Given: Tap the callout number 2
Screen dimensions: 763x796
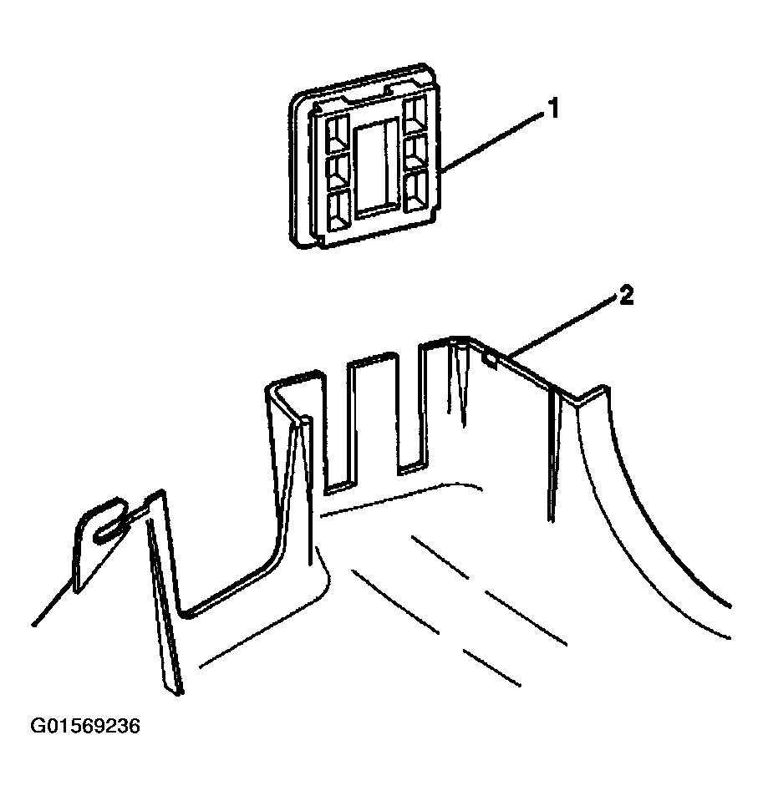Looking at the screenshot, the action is pyautogui.click(x=627, y=296).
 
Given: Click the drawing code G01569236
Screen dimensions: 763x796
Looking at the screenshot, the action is pyautogui.click(x=85, y=726).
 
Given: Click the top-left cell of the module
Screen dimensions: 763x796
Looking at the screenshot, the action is pyautogui.click(x=338, y=133).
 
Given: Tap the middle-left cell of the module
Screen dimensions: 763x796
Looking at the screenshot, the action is pyautogui.click(x=338, y=171).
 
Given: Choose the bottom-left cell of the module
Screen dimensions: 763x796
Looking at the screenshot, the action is pyautogui.click(x=338, y=209).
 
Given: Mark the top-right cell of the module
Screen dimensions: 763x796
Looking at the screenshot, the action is pyautogui.click(x=415, y=116).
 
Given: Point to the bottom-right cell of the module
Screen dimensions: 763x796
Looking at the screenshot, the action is pyautogui.click(x=417, y=191).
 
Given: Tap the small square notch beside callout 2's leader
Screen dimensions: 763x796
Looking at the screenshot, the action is pyautogui.click(x=491, y=360).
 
